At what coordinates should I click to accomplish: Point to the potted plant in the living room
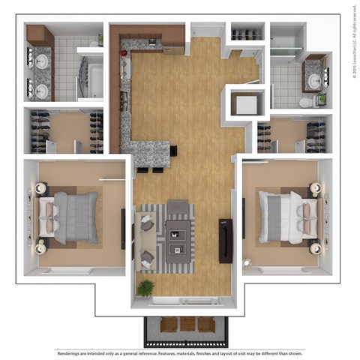145,288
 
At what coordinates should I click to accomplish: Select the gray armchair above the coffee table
178,206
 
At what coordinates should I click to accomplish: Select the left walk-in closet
66,132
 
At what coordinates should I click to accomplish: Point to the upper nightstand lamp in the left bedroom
37,188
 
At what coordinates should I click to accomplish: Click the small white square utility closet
244,103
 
